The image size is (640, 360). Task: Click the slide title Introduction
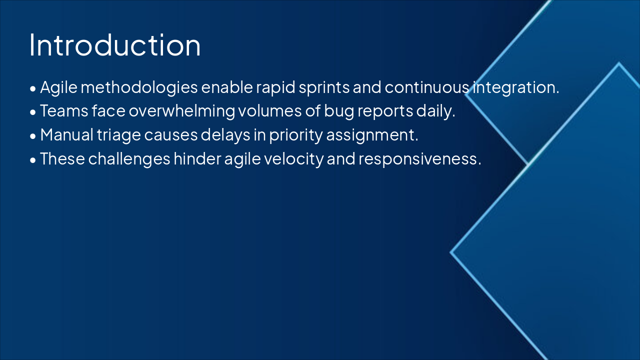point(115,45)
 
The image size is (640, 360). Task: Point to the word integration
point(516,87)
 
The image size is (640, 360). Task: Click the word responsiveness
point(419,158)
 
